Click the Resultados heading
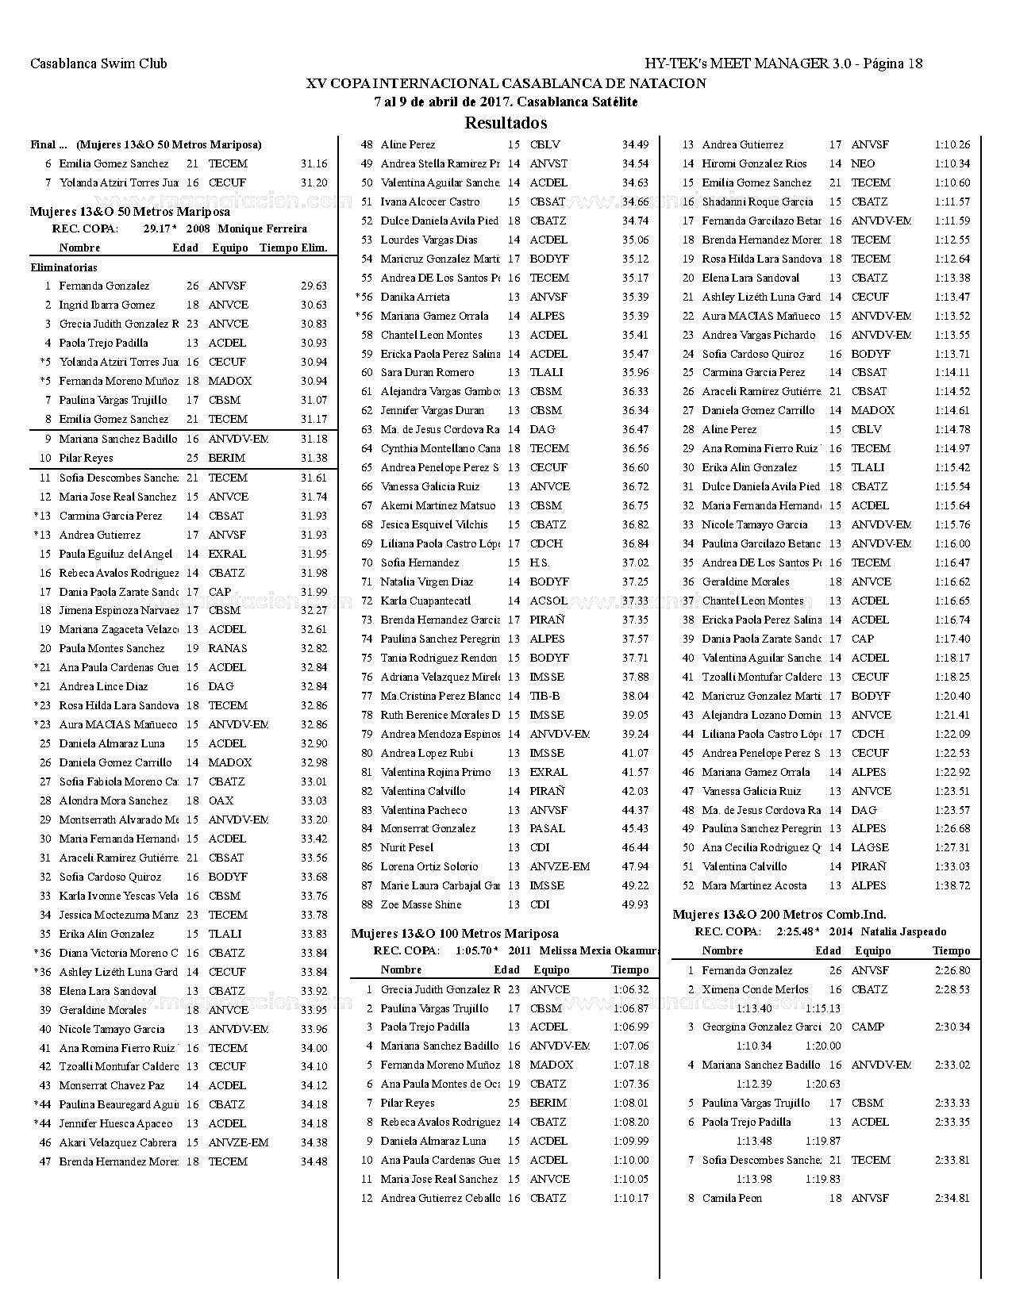(x=506, y=123)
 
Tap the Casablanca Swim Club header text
(x=98, y=64)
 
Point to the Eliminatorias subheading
(x=63, y=268)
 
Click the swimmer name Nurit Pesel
(x=407, y=848)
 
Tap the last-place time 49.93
(x=635, y=905)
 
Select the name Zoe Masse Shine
(x=421, y=905)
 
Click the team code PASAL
(x=548, y=829)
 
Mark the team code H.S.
(x=540, y=563)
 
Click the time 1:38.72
(x=952, y=886)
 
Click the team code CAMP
(x=868, y=1027)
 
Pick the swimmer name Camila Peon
(x=732, y=1199)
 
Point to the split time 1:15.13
(x=823, y=1009)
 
